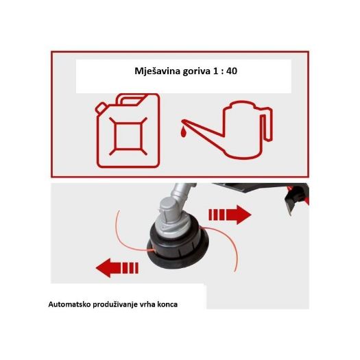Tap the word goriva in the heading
[196, 71]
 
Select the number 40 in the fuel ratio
[232, 71]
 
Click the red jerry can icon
[128, 130]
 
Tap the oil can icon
[227, 130]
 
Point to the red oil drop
[183, 133]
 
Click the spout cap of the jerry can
[101, 108]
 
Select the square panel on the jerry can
[128, 136]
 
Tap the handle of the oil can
[266, 124]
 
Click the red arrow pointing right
[230, 215]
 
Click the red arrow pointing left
[117, 267]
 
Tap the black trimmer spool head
[178, 248]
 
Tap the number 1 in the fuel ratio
[215, 71]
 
